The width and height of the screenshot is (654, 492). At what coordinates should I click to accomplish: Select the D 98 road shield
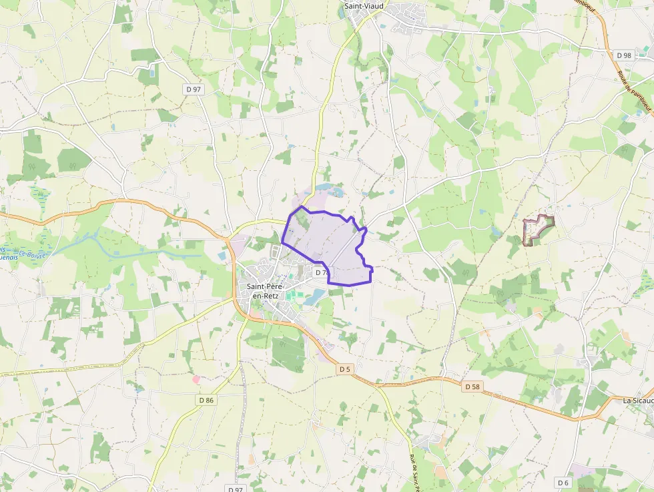click(x=624, y=55)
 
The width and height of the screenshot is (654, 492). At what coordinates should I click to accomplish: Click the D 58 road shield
click(x=472, y=387)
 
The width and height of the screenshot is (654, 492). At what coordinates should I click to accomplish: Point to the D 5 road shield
click(x=344, y=368)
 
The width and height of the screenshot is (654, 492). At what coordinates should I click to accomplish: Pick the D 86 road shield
click(x=206, y=400)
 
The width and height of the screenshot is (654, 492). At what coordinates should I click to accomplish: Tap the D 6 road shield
click(x=563, y=482)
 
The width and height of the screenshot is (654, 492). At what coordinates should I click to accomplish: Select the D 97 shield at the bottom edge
click(x=235, y=489)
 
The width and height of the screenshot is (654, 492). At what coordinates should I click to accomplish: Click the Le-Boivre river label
click(x=32, y=254)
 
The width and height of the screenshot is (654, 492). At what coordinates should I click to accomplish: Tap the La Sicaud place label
click(x=637, y=401)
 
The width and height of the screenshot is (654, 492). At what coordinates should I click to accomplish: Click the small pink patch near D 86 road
click(x=196, y=379)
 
